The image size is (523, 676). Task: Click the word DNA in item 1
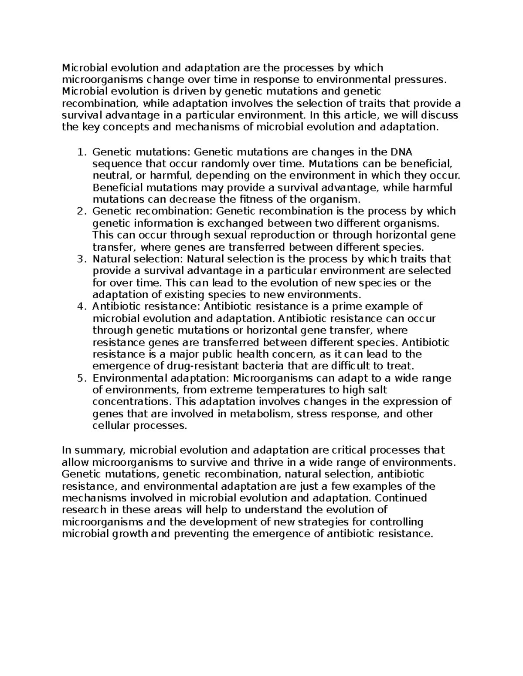[x=401, y=152]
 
